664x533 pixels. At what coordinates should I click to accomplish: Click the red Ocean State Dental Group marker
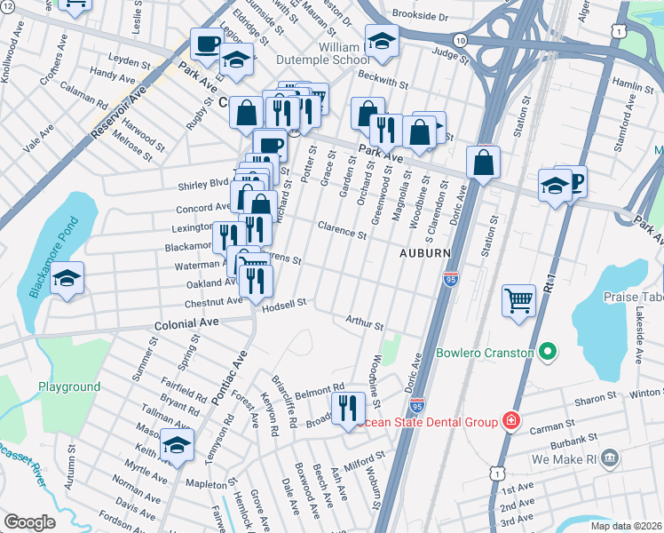tap(510, 419)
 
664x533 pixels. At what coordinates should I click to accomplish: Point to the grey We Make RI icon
tap(609, 458)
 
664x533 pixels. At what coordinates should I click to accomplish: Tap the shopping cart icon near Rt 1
tap(518, 299)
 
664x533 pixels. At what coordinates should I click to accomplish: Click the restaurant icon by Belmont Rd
tap(347, 408)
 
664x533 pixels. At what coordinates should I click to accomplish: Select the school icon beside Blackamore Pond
tap(67, 278)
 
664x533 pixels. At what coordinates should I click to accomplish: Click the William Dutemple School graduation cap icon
tap(381, 41)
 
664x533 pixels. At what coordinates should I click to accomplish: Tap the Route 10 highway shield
tap(459, 41)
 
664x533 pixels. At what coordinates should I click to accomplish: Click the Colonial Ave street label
tap(186, 324)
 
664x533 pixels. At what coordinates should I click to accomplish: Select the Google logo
tap(29, 522)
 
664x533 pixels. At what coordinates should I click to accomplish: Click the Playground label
tap(68, 386)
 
